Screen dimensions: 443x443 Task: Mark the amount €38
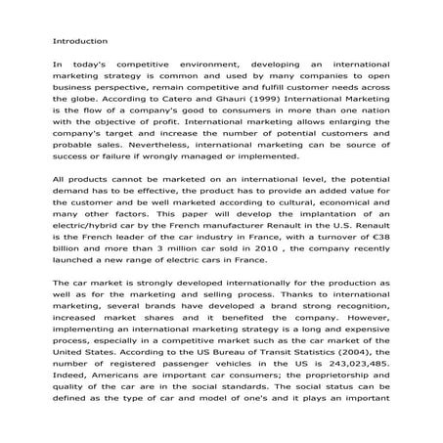pos(381,237)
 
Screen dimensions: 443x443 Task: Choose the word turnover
pos(330,237)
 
